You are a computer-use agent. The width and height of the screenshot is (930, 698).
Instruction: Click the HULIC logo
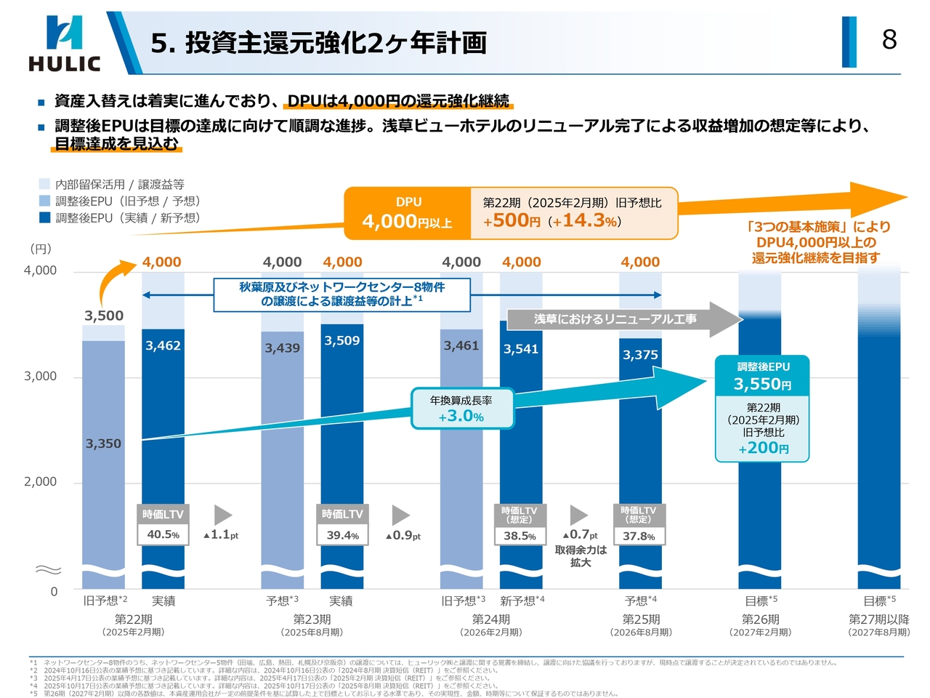(x=64, y=44)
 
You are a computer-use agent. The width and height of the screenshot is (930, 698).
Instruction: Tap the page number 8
(x=889, y=39)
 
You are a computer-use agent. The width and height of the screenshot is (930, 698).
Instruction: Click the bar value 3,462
(x=163, y=346)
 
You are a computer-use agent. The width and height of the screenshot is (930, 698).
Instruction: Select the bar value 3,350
(x=103, y=444)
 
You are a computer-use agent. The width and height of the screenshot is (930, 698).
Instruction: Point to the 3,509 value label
(x=342, y=341)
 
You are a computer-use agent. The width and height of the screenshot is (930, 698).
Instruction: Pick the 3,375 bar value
(x=640, y=355)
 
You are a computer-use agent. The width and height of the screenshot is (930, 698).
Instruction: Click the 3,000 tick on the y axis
(x=40, y=376)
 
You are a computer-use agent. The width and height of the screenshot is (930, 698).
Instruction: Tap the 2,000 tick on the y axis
(x=40, y=481)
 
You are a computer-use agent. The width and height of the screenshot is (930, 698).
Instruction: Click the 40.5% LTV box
(x=163, y=534)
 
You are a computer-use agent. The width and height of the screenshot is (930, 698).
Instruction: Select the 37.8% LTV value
(x=639, y=537)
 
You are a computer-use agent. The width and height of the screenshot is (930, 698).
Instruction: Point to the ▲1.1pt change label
(x=221, y=534)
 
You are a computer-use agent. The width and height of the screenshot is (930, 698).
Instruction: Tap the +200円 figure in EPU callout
(x=763, y=448)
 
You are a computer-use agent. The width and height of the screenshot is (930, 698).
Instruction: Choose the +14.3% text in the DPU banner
(x=586, y=220)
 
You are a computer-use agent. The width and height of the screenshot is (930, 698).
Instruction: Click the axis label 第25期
(x=641, y=619)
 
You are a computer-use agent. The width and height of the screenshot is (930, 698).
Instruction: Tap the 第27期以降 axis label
(x=878, y=619)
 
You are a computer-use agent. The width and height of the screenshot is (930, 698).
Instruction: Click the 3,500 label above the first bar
(x=104, y=316)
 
